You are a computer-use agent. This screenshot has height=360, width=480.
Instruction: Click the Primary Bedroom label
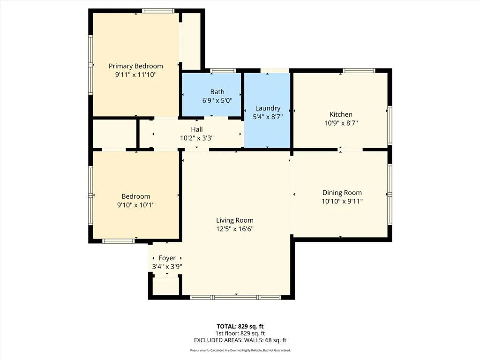click(x=136, y=66)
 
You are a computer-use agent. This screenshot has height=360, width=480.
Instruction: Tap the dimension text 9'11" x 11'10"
click(x=136, y=75)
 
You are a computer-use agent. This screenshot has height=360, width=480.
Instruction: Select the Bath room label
click(x=217, y=92)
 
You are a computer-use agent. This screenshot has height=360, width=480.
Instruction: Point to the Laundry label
click(x=268, y=108)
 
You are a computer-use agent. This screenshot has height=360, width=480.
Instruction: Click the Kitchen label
click(x=341, y=114)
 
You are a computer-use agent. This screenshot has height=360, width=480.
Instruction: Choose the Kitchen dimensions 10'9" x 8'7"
click(x=341, y=123)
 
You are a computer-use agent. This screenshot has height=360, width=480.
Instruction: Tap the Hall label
click(x=197, y=129)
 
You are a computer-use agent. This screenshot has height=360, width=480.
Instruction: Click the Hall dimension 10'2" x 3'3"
click(x=197, y=138)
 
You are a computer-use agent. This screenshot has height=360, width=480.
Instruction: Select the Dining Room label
click(x=342, y=193)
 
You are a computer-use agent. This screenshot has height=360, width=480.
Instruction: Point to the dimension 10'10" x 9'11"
click(x=342, y=201)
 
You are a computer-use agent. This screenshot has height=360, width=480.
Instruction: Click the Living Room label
click(x=235, y=220)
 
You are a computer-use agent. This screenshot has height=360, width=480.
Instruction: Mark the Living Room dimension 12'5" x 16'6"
click(x=235, y=229)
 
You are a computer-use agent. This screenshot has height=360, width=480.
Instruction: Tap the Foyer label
click(x=167, y=258)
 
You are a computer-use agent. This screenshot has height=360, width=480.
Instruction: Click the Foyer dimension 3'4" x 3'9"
click(x=167, y=266)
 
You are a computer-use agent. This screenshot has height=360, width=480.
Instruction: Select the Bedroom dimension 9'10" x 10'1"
click(x=136, y=205)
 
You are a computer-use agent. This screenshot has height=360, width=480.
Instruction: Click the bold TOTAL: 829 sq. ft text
click(x=240, y=326)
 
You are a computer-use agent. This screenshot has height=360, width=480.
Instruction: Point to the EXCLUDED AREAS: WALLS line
click(x=240, y=340)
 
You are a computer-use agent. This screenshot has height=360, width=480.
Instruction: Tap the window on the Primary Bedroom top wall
click(x=158, y=11)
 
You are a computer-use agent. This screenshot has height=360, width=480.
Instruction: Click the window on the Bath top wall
click(x=223, y=71)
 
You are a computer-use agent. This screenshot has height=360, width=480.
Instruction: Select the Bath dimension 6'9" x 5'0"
click(x=217, y=100)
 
